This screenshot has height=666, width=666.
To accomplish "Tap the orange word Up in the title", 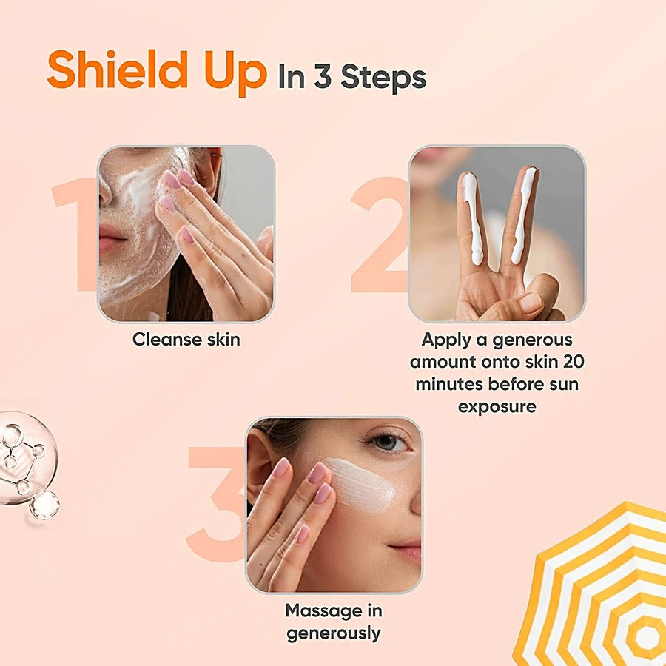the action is tap(235, 73).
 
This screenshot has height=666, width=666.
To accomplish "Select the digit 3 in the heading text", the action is tap(323, 76).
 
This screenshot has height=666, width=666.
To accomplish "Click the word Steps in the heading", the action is tap(383, 78).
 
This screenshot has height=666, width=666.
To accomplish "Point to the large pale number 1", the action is tap(77, 234).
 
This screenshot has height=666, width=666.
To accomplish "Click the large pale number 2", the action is tap(380, 235).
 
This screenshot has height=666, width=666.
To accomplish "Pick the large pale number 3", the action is tap(216, 504).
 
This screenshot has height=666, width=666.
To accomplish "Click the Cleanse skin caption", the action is tap(186, 340).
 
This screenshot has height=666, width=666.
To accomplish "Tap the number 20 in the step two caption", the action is tap(573, 362).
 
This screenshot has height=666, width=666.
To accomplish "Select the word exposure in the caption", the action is tap(497, 407).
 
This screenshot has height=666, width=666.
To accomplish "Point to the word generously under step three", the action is tap(334, 633).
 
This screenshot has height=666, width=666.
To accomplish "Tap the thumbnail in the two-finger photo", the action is tap(531, 302).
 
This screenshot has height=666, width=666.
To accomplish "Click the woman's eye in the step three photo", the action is tap(386, 442).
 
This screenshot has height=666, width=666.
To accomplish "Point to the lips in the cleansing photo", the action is tap(111, 243).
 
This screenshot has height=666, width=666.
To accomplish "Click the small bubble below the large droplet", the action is tap(44, 505).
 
